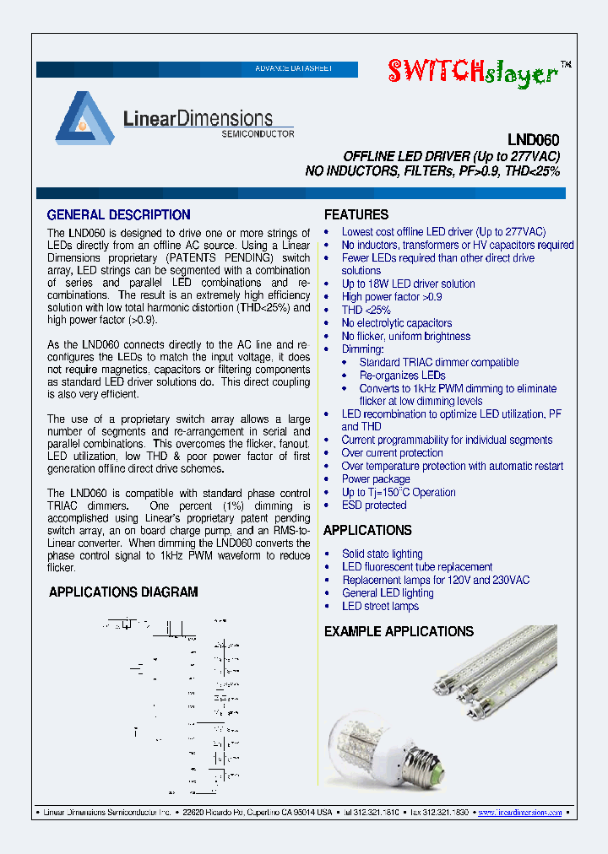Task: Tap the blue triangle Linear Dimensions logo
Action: point(84,117)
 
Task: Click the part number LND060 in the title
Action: point(534,141)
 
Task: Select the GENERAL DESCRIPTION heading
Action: point(118,215)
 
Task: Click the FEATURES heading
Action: point(356,215)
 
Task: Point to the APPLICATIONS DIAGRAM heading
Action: point(123,592)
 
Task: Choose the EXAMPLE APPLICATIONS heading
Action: point(399,631)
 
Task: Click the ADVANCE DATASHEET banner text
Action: point(294,68)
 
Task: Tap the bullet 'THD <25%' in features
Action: point(366,310)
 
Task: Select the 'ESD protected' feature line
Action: point(373,505)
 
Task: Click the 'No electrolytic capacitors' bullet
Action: point(396,323)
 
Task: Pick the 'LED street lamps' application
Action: point(380,606)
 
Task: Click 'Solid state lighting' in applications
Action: point(382,554)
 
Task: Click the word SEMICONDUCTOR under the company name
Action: point(258,133)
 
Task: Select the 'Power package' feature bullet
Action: point(375,479)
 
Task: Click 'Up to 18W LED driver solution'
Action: point(408,284)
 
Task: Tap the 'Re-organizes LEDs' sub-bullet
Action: point(402,375)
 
